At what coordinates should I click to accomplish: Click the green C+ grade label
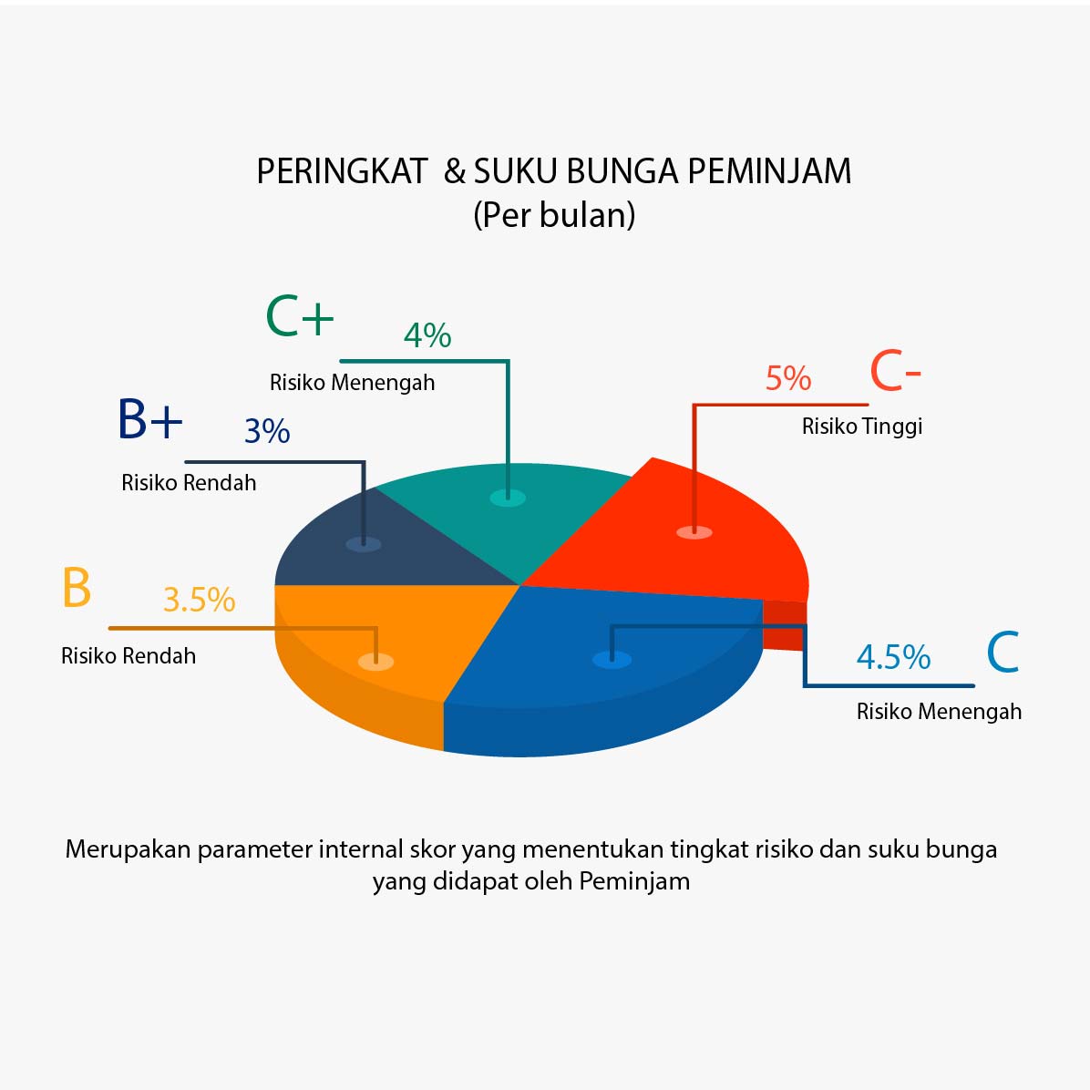click(x=300, y=316)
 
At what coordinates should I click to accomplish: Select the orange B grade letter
click(x=77, y=588)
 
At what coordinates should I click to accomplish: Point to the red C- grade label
click(x=895, y=371)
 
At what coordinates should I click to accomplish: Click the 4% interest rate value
click(x=427, y=335)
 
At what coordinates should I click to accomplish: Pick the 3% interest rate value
click(x=267, y=431)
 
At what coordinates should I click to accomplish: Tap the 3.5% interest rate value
click(x=200, y=599)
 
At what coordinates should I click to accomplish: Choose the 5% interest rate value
click(x=788, y=378)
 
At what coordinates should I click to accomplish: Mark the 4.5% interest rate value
click(x=893, y=657)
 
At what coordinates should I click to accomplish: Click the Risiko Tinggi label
click(x=862, y=427)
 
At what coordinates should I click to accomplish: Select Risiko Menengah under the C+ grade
click(x=353, y=383)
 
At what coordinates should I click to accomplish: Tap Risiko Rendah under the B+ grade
click(x=189, y=482)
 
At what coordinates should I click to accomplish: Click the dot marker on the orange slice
click(x=376, y=661)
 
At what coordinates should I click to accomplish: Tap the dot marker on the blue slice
click(x=612, y=659)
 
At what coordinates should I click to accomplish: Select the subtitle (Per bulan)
click(x=554, y=215)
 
